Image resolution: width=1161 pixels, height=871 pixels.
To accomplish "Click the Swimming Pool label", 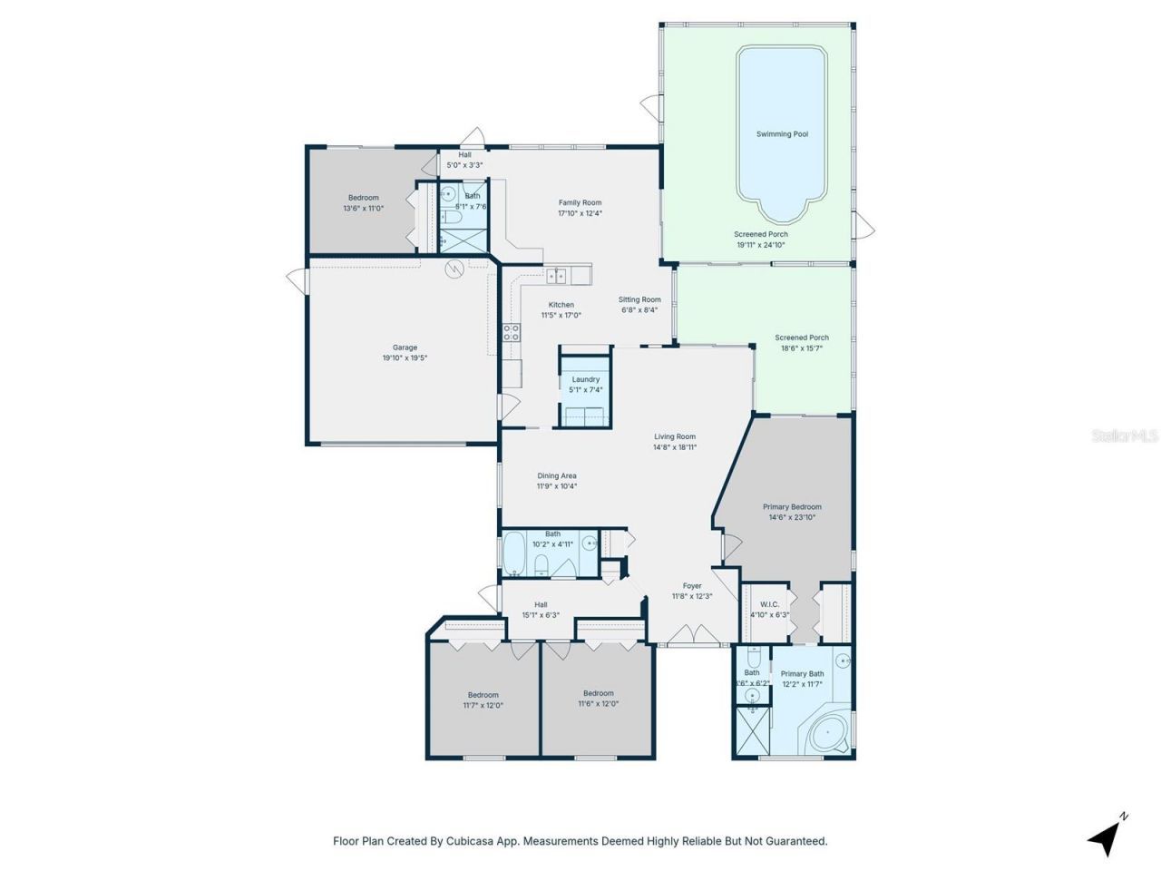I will [782, 134].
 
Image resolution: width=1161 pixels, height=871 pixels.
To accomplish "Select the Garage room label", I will [405, 347].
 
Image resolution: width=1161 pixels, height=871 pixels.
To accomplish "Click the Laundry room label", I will [585, 379].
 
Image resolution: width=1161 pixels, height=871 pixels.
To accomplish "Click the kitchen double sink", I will [556, 276].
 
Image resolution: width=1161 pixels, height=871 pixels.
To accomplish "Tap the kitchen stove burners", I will [512, 332].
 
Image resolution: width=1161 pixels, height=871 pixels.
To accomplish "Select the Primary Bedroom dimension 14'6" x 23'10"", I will [792, 518].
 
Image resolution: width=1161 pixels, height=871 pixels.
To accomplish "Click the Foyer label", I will [692, 586].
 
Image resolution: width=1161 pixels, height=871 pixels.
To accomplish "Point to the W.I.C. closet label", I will [769, 604].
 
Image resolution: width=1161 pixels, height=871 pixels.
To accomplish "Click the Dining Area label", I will [556, 475].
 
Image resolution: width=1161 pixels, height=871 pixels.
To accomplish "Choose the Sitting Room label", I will [639, 299].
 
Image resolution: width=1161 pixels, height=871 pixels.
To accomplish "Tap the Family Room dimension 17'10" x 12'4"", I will [580, 214].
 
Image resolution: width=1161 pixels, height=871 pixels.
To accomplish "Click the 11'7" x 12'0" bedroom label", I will [483, 695].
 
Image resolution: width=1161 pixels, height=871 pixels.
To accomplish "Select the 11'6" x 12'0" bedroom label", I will [598, 693].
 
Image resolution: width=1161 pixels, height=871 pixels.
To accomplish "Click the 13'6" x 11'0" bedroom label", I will [363, 198].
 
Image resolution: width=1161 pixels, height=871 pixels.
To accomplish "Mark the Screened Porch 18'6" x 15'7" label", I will [801, 338].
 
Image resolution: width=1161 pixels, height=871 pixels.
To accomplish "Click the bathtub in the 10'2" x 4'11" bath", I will [515, 554].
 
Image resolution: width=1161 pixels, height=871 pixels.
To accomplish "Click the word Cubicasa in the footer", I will [469, 841].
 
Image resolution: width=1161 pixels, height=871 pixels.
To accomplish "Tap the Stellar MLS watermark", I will [1125, 436].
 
